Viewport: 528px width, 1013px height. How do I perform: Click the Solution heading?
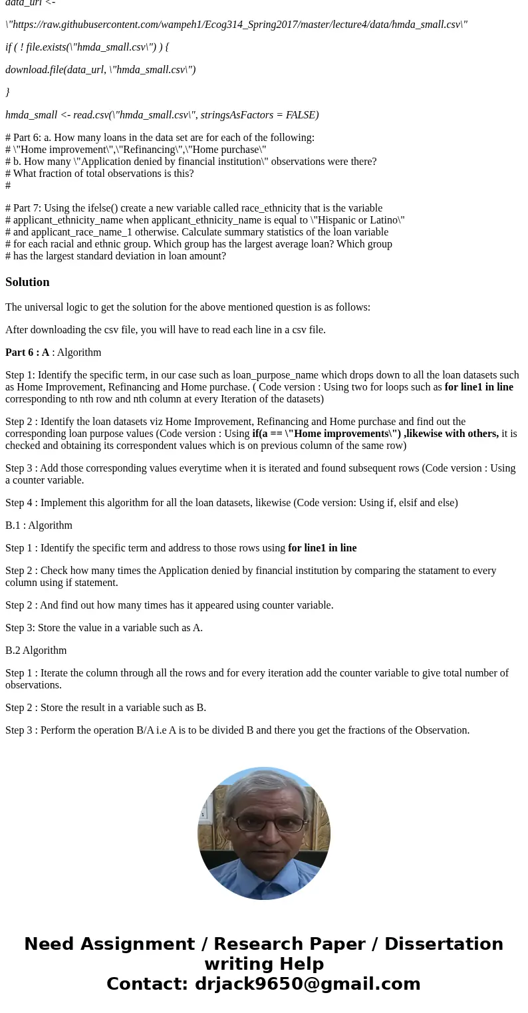tap(27, 282)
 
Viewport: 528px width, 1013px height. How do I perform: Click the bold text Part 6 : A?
tap(27, 353)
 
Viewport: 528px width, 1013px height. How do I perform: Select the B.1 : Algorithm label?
tap(39, 525)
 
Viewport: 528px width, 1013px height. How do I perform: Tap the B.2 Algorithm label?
tap(36, 651)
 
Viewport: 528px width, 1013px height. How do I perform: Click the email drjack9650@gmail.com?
tap(307, 984)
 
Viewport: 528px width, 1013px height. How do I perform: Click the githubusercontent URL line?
tap(236, 25)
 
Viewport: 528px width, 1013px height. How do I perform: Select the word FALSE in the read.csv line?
tap(302, 115)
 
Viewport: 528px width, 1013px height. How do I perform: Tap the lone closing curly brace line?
tap(7, 92)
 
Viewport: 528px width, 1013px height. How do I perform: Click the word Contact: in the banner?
tap(147, 984)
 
